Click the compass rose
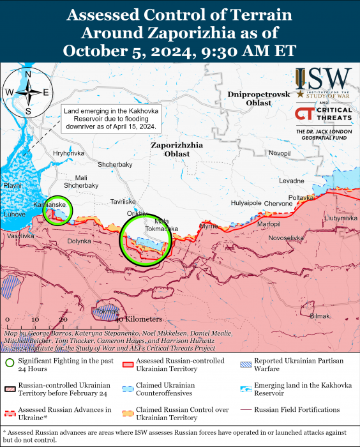pos(28,93)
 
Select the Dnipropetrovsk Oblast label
pos(259,100)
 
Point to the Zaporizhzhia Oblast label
pos(177,149)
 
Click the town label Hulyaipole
pos(246,203)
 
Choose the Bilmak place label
pos(320,316)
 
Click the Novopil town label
pos(279,153)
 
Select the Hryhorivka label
pos(69,153)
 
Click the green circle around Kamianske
pos(57,210)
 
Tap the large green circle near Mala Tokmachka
pos(146,239)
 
